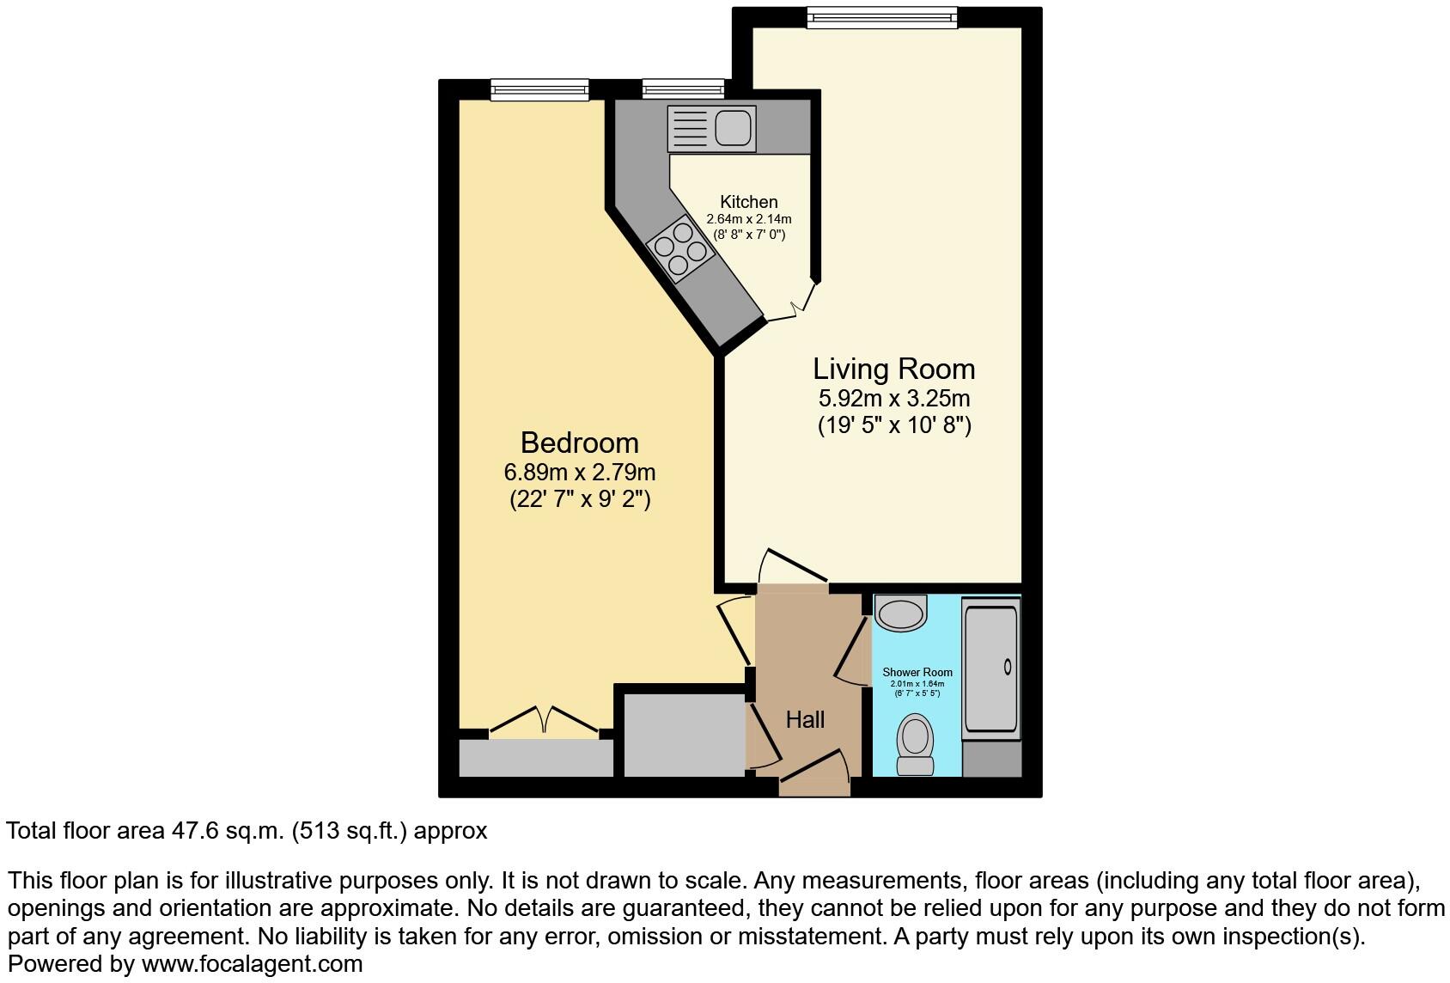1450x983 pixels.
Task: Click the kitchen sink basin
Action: [x=732, y=129]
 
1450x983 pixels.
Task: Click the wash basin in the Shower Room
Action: [x=901, y=614]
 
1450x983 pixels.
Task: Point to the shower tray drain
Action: [x=1007, y=666]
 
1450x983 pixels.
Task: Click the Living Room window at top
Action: [x=881, y=17]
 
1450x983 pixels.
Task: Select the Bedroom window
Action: [x=539, y=89]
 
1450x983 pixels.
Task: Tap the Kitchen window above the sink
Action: [x=683, y=89]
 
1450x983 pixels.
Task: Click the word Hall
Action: [x=805, y=720]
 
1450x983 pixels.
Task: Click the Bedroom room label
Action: [x=580, y=443]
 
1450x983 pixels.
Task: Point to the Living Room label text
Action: [x=893, y=369]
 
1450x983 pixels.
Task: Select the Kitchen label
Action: [x=748, y=202]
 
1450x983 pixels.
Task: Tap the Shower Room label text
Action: [x=917, y=672]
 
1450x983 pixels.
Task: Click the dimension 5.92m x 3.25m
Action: [x=893, y=399]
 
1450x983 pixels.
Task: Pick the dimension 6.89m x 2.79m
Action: [x=580, y=473]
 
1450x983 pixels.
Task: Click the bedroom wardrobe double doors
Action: [x=544, y=719]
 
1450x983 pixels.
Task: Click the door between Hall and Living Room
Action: [x=792, y=567]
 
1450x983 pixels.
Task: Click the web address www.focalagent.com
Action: [x=252, y=964]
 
